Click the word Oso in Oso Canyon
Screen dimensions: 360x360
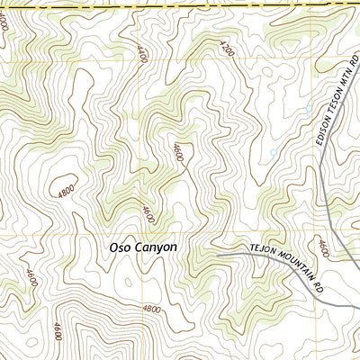[122, 246]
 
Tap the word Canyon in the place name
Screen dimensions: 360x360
[157, 247]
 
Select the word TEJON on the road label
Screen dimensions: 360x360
[258, 248]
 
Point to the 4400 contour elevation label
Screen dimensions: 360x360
[141, 54]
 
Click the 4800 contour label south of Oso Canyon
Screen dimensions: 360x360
[151, 309]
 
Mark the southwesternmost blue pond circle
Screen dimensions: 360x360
[274, 153]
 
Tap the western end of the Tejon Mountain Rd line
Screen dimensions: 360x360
[217, 255]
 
